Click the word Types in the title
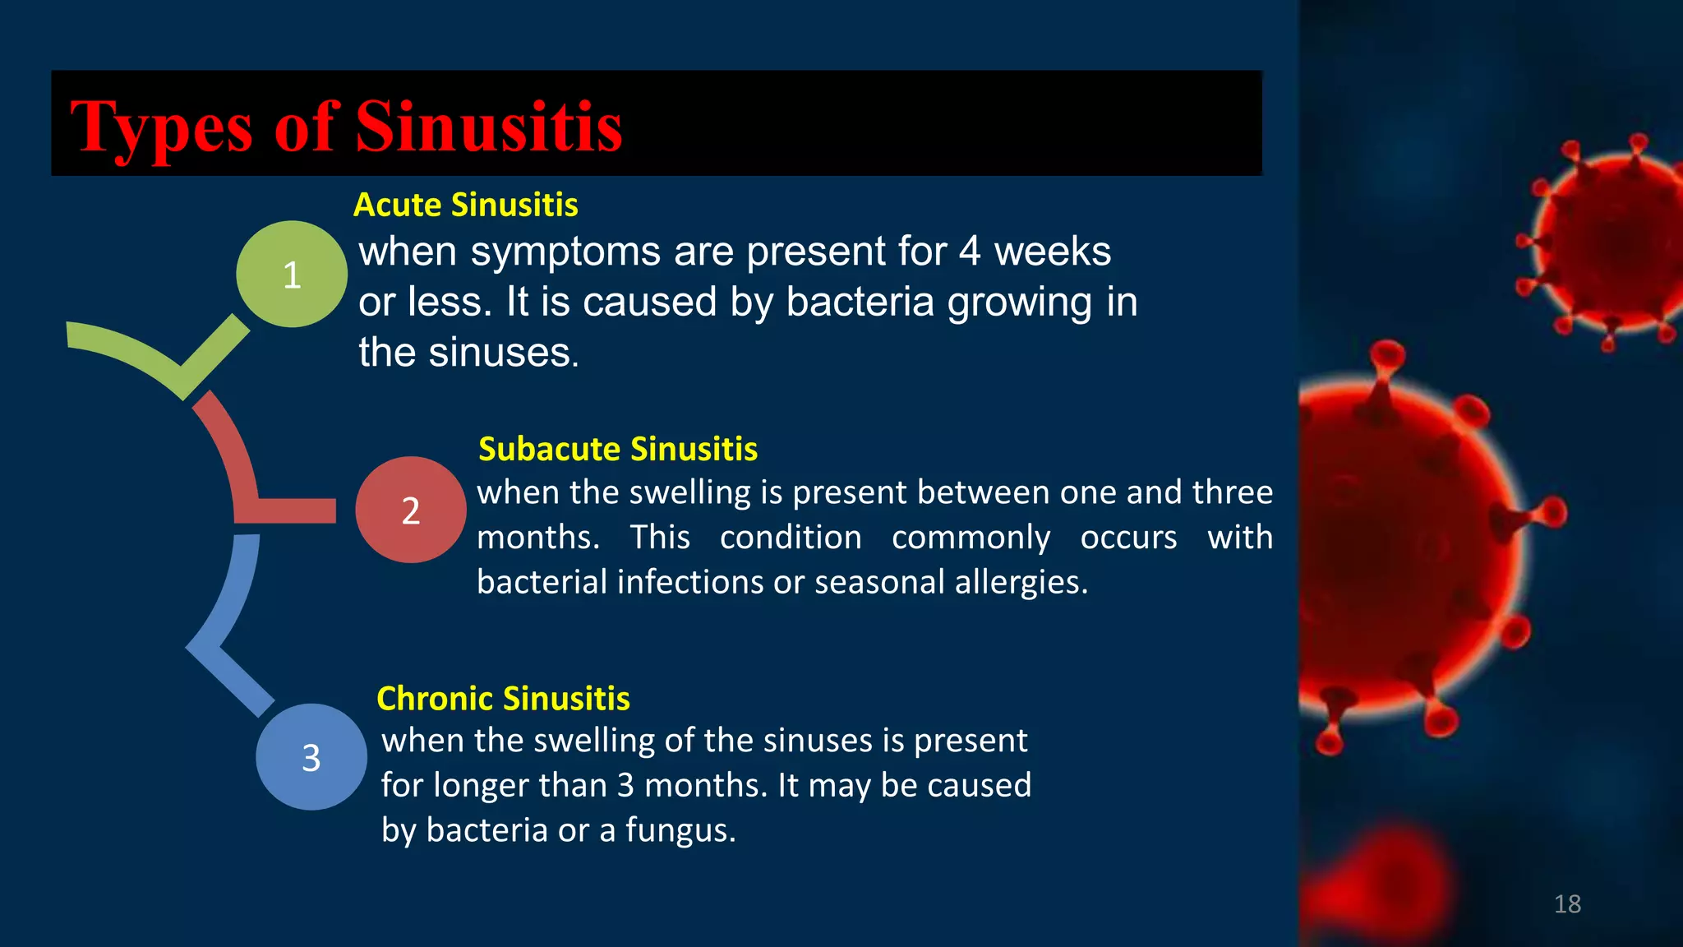pos(161,127)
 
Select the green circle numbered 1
pos(292,274)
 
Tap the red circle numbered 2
pos(410,510)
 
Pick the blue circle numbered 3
pos(311,757)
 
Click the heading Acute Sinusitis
pos(465,205)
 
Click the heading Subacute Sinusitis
pos(617,449)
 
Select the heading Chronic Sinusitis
pos(503,699)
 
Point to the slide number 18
pos(1567,904)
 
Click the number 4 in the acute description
pos(970,252)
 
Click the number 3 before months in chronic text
pos(625,785)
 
